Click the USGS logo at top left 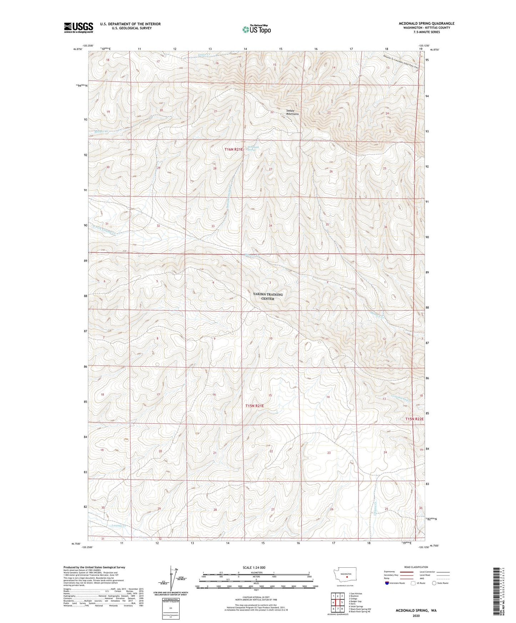78,27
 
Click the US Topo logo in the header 256,30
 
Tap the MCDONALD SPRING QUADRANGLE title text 426,24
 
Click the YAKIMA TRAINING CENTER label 267,297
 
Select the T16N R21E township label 234,150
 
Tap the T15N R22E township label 414,419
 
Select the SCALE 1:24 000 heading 254,567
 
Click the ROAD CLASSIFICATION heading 416,567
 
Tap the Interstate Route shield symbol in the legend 387,583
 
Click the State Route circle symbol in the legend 434,583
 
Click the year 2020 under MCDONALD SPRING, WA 416,616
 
